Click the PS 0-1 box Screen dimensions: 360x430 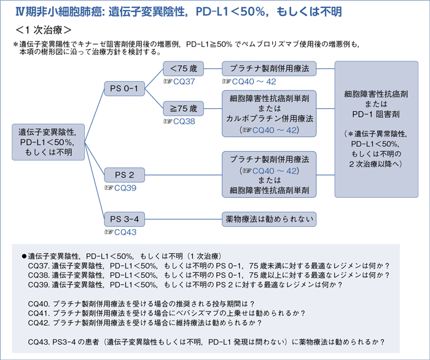(123, 89)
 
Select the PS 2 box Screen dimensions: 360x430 (123, 176)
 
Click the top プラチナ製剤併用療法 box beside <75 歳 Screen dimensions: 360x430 (268, 69)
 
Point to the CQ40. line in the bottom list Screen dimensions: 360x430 (141, 303)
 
